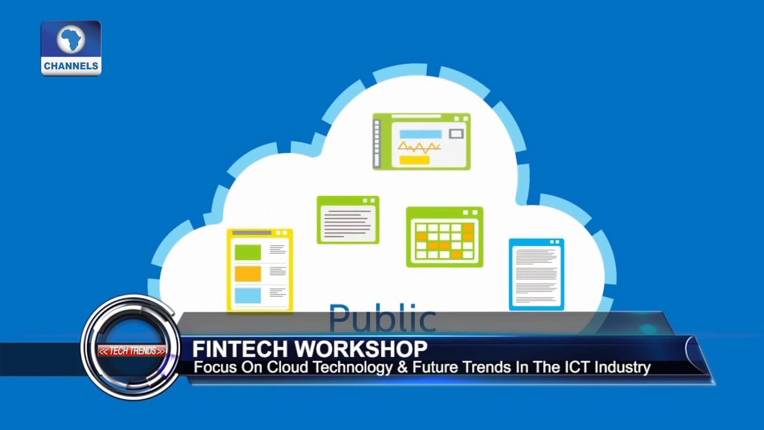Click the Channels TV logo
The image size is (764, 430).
point(71,48)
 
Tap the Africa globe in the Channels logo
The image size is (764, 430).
point(71,40)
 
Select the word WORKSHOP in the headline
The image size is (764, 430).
point(361,349)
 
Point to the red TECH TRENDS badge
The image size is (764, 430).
point(132,351)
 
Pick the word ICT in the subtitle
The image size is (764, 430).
point(577,367)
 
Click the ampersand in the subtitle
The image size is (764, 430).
point(402,367)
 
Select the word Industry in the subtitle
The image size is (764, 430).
point(623,368)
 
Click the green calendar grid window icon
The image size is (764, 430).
point(445,237)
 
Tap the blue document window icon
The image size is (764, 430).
point(537,274)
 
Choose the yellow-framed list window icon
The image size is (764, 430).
point(260,270)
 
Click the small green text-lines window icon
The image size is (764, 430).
point(348,220)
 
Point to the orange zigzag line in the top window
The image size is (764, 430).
point(419,147)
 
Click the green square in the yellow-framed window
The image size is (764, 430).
point(248,252)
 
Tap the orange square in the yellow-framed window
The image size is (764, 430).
point(248,274)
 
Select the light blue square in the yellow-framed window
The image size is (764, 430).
point(248,296)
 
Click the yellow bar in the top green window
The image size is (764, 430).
point(414,159)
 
